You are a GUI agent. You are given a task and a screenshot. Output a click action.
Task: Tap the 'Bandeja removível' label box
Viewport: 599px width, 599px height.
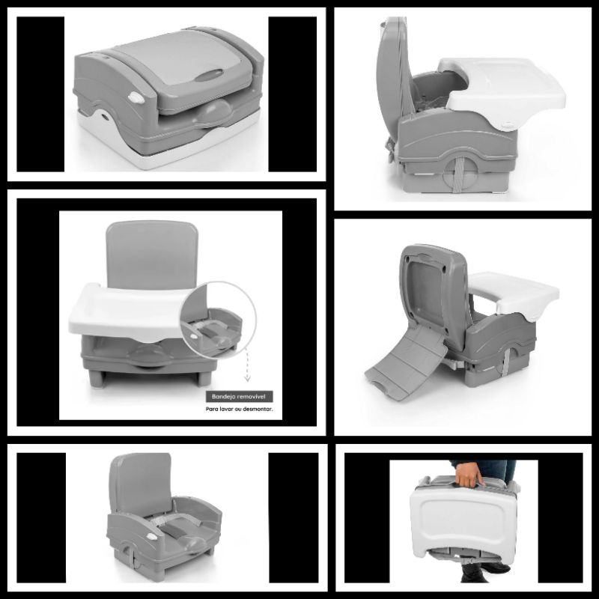click(x=239, y=397)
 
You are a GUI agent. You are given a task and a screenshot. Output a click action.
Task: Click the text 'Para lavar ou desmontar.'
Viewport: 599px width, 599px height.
click(x=239, y=409)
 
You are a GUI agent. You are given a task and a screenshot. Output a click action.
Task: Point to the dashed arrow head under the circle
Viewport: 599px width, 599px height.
click(x=248, y=379)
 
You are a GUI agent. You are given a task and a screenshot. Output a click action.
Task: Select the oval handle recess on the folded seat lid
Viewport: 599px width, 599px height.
click(x=209, y=75)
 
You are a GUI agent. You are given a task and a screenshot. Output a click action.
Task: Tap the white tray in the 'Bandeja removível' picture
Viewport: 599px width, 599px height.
click(x=130, y=311)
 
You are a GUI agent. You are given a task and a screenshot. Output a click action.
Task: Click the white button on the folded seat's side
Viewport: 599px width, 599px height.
click(x=136, y=99)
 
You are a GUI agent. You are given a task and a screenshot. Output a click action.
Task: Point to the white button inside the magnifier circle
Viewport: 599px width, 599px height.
click(x=193, y=336)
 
